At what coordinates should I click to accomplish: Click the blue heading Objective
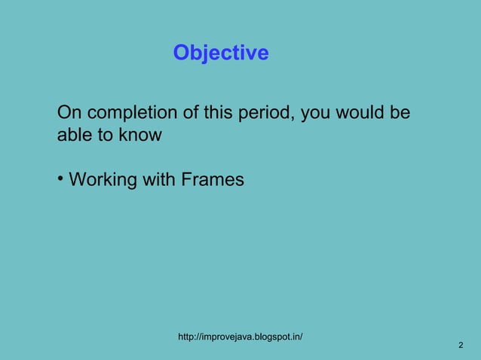click(220, 53)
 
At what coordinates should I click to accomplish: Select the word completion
click(131, 114)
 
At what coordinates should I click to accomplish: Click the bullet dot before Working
click(60, 179)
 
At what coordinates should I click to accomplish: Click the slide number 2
click(460, 345)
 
